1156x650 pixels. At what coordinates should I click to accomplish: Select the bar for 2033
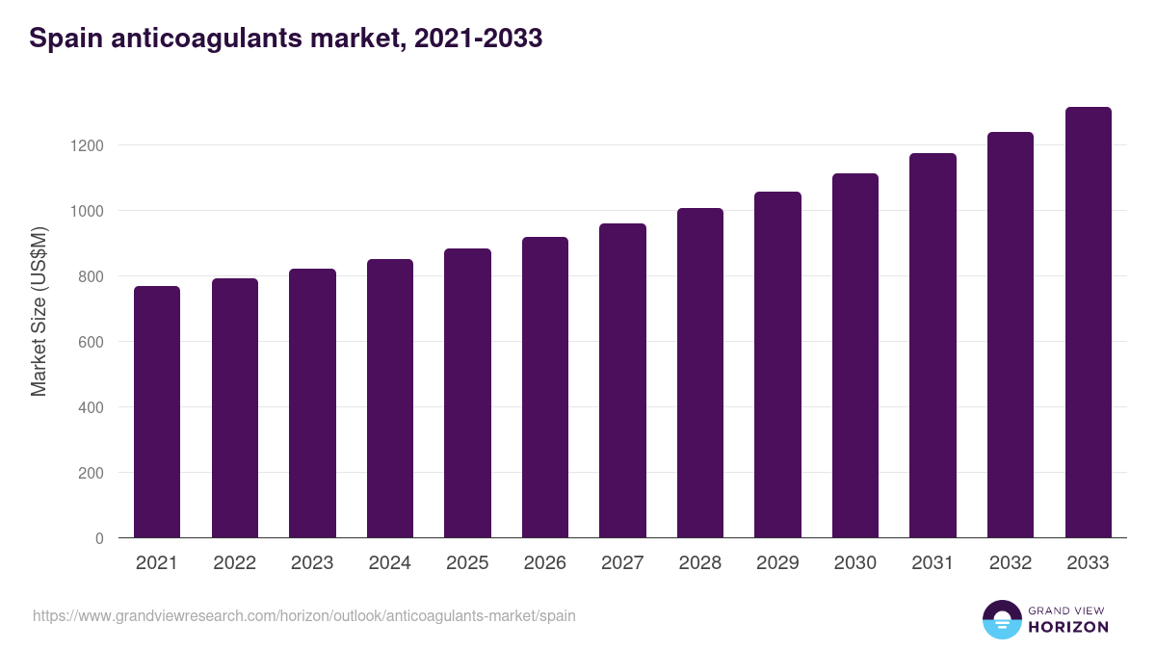[1088, 323]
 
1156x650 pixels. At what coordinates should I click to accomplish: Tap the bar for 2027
[622, 380]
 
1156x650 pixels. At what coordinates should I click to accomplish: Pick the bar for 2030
[855, 355]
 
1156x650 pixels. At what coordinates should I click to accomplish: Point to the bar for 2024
[390, 399]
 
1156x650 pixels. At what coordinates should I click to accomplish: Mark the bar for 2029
[777, 365]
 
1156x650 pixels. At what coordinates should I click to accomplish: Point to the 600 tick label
[93, 342]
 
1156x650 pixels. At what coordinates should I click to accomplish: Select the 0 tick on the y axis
[99, 538]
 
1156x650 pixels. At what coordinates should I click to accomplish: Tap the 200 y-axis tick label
[93, 473]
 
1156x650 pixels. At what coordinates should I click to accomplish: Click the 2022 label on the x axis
[234, 563]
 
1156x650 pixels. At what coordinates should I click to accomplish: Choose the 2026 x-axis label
[545, 563]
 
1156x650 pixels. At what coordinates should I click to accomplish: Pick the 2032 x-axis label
[1011, 563]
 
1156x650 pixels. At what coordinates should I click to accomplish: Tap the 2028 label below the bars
[700, 563]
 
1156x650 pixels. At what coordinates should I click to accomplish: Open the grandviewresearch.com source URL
[304, 615]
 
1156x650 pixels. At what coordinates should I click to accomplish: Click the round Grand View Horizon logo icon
[1002, 619]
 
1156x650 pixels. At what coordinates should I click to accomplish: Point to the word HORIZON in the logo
[1068, 627]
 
